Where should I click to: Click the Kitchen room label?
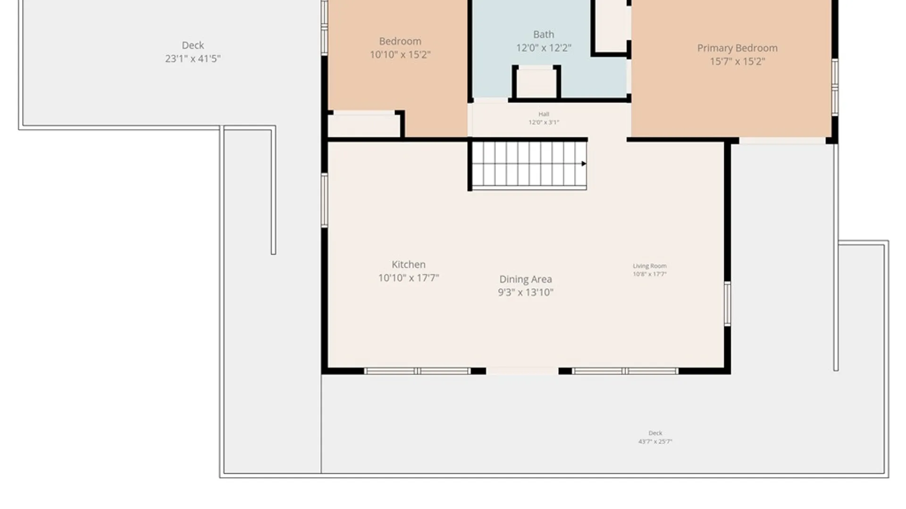[x=409, y=264]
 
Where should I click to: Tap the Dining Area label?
[x=526, y=279]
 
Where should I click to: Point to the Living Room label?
[x=650, y=266]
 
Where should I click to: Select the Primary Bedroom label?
[x=738, y=48]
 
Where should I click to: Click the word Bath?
[x=544, y=34]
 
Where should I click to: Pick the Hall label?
[x=544, y=114]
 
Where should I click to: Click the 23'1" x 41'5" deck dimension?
[x=193, y=59]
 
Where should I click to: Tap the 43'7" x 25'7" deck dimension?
[x=655, y=442]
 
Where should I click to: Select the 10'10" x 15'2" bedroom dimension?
[x=400, y=55]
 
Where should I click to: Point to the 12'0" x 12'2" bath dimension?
[x=544, y=48]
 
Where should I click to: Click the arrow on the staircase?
[x=584, y=164]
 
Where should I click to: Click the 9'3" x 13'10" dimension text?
[x=526, y=292]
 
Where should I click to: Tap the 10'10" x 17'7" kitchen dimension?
[x=409, y=278]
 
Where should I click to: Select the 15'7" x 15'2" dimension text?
[x=738, y=61]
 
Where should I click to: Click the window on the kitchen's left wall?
[x=325, y=200]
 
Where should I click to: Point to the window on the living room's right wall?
[x=728, y=304]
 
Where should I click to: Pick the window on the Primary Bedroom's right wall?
[x=835, y=87]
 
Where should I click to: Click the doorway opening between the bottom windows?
[x=522, y=371]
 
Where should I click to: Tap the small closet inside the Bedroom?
[x=364, y=125]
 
